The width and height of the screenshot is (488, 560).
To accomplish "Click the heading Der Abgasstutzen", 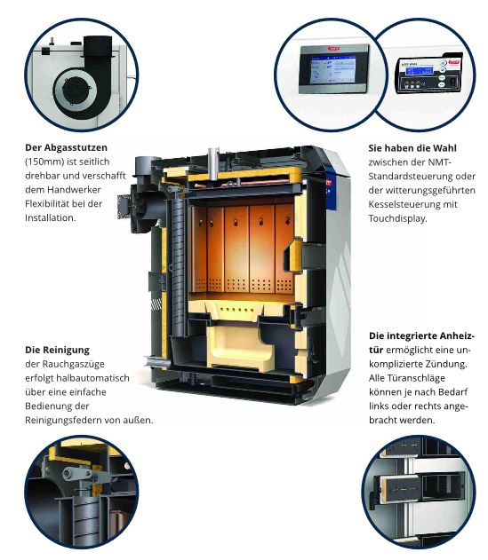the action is [66, 148].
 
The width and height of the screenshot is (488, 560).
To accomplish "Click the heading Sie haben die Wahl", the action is [412, 148].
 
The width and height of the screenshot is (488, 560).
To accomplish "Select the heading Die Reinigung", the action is [57, 350].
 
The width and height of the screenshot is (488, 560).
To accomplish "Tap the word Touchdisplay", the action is [398, 218].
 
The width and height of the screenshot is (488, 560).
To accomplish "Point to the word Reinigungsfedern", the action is [63, 421].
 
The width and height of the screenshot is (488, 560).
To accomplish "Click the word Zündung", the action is [446, 364].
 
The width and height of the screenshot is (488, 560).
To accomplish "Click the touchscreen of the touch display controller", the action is [333, 69].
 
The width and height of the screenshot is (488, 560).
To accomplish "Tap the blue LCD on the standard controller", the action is [420, 71].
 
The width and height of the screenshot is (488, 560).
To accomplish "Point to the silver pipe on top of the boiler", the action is [214, 163].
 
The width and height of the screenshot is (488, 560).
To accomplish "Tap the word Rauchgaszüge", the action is [74, 364].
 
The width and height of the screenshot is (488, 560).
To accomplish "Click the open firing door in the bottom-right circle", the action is [398, 488].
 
